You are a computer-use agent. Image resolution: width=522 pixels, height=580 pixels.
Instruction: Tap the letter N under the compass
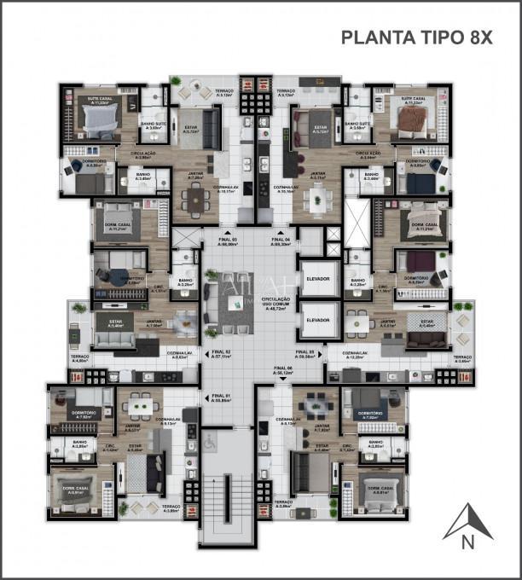point(467,541)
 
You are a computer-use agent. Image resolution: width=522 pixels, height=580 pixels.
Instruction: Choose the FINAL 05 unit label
point(305,352)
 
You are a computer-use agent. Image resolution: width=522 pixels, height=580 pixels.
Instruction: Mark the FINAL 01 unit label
point(221,397)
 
